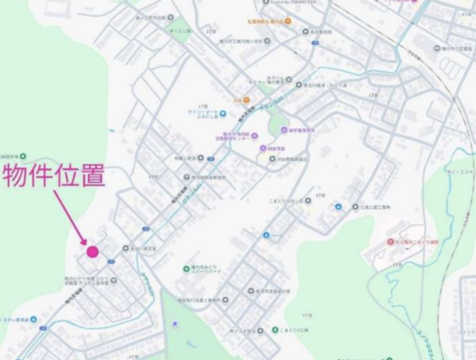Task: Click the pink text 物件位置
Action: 54,176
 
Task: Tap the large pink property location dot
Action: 92,251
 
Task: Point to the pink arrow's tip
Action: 85,243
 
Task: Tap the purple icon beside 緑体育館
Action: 264,148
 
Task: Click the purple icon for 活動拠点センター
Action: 254,136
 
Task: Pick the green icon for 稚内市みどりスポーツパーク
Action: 186,269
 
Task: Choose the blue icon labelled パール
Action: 266,235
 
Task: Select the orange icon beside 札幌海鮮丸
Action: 288,21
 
